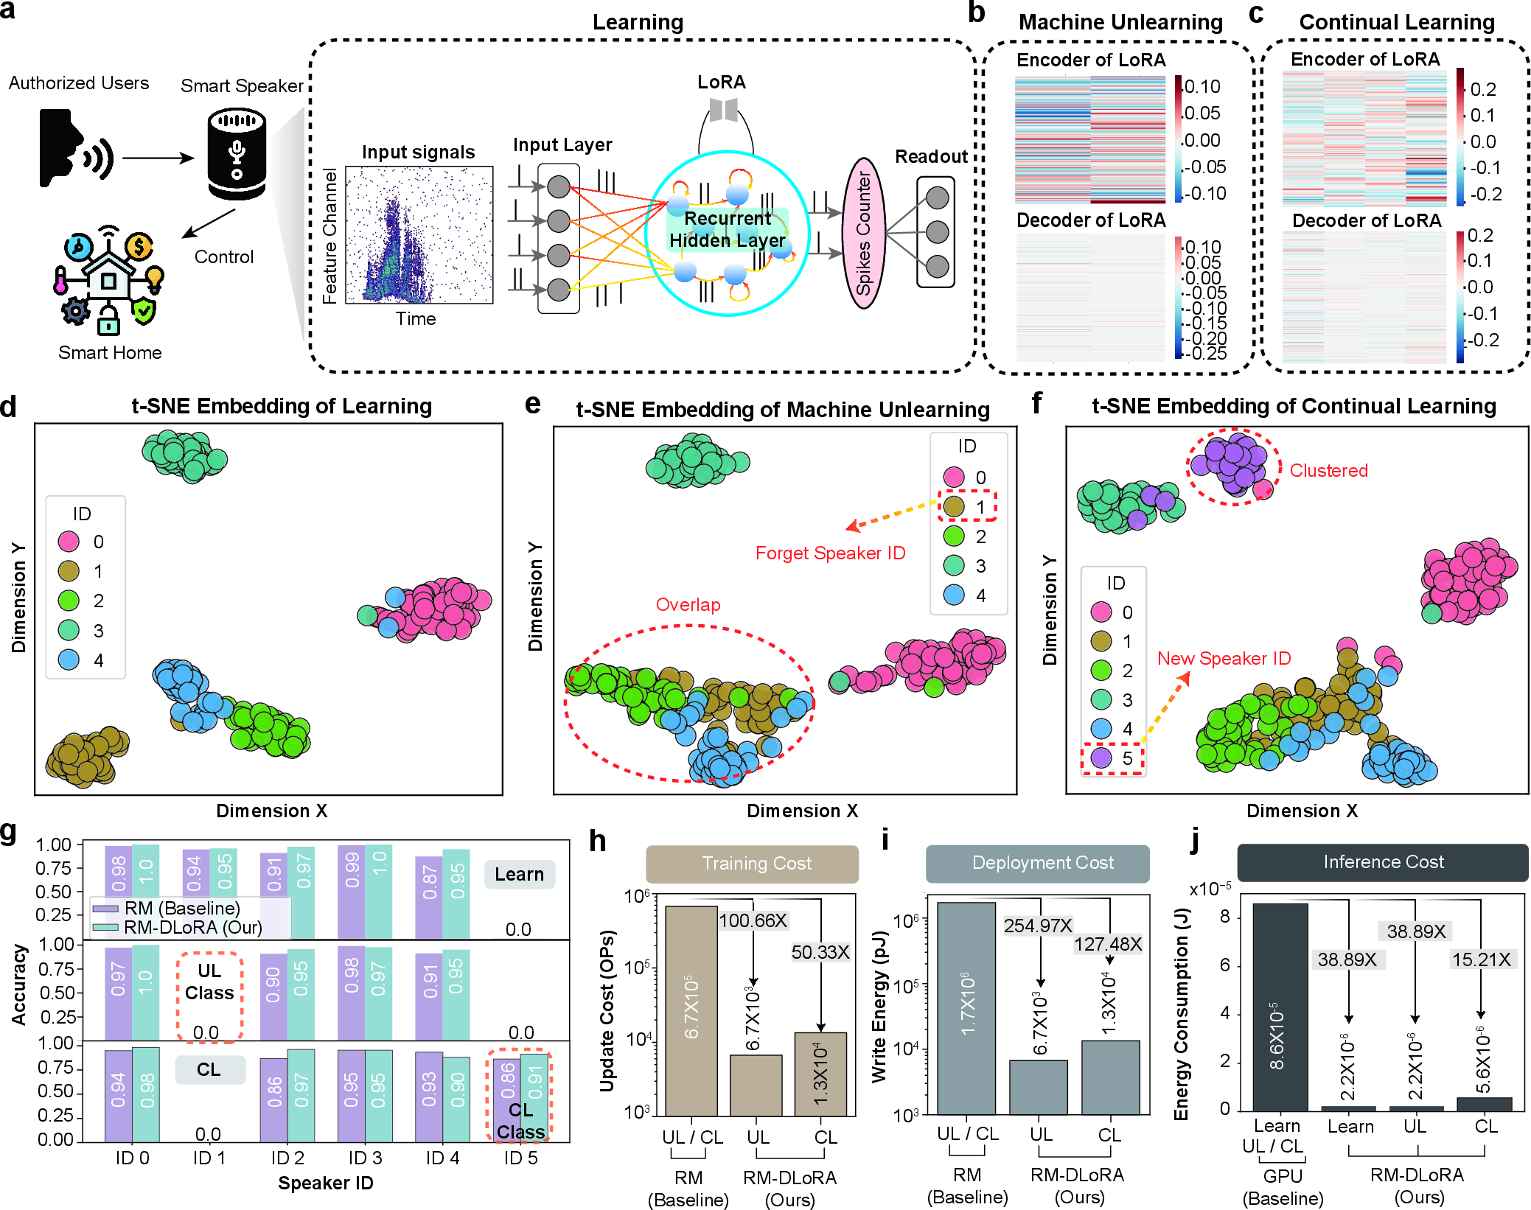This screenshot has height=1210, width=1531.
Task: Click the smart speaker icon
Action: click(237, 154)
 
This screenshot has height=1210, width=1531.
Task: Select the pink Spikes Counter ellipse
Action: click(863, 233)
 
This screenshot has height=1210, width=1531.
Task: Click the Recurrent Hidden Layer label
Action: click(727, 229)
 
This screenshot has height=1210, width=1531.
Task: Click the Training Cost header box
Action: click(752, 864)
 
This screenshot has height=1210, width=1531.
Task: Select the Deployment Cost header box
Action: click(1037, 863)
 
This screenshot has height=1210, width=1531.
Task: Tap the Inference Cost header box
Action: click(1383, 862)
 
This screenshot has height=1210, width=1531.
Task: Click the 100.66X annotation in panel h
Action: click(753, 920)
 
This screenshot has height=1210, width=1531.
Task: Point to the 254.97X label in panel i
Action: click(1038, 926)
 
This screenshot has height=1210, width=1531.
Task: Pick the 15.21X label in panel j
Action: click(1482, 959)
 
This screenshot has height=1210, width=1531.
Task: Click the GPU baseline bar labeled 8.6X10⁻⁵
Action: click(1280, 1007)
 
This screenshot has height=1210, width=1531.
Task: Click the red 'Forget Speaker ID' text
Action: click(830, 553)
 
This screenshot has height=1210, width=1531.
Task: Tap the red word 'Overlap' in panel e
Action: click(688, 605)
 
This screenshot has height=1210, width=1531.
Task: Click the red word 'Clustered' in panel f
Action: click(1328, 471)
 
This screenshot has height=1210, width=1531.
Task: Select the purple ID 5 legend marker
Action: click(1101, 758)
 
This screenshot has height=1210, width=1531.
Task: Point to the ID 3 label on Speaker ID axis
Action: click(366, 1158)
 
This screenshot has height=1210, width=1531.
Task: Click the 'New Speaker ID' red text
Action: click(1224, 659)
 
